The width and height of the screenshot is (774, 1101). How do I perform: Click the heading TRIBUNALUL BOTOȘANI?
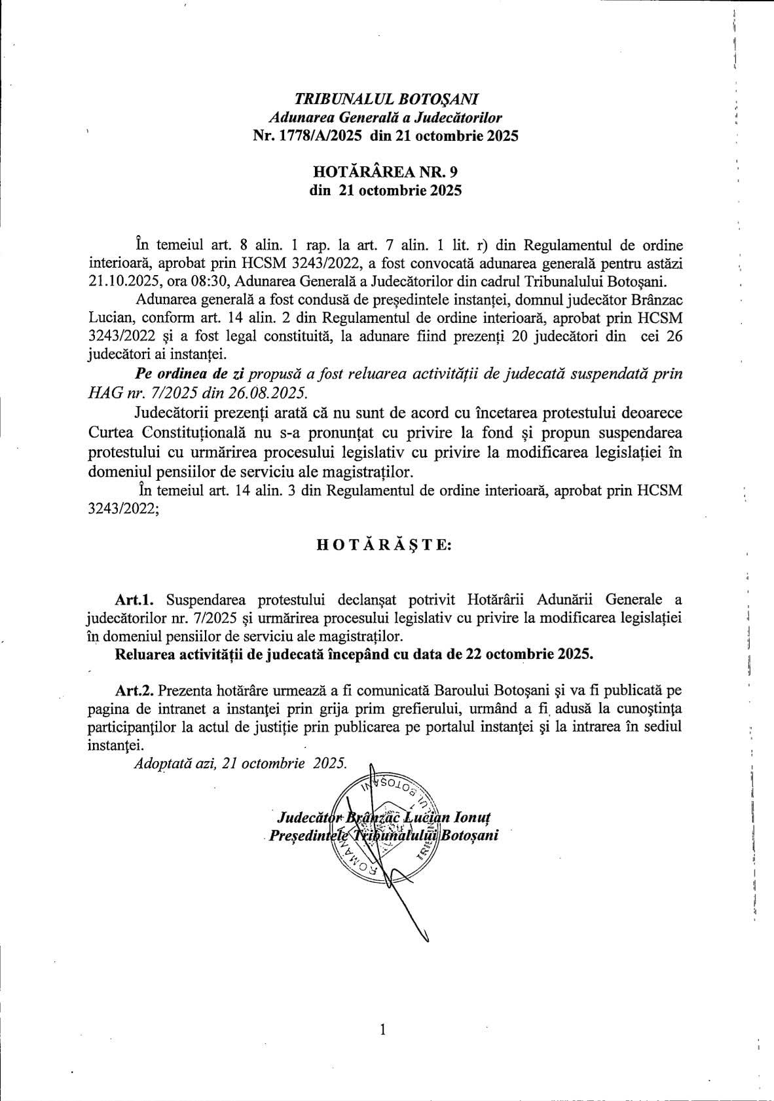386,100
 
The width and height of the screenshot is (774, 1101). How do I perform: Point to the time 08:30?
208,282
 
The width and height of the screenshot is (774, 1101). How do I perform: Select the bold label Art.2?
134,690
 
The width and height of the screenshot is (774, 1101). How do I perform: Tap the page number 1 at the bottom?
383,1030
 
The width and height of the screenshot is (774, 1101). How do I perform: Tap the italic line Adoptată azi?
240,763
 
